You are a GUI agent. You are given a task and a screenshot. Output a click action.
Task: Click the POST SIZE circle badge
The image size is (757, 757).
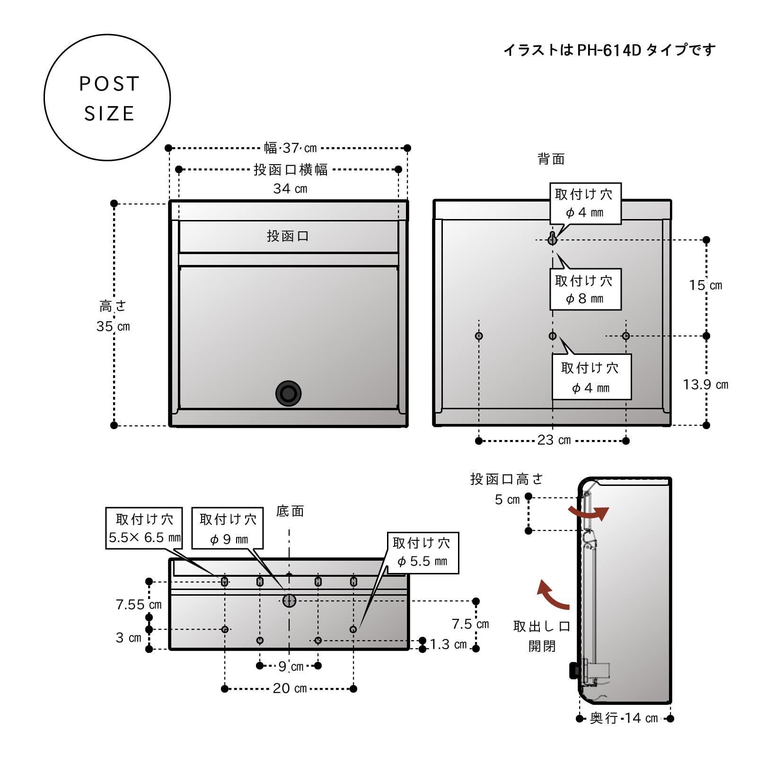pos(107,98)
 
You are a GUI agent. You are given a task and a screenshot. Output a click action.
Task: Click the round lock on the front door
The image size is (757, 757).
pos(288,393)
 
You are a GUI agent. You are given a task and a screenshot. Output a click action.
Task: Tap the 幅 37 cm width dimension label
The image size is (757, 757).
pos(290,148)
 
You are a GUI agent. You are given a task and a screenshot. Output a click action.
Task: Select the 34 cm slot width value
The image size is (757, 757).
pos(290,189)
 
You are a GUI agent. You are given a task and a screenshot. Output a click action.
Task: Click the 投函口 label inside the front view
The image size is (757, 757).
pos(288,236)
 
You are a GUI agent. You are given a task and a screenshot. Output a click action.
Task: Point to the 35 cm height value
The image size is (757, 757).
pos(113,326)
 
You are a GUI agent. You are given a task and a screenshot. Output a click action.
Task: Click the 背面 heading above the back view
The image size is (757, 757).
pos(551,159)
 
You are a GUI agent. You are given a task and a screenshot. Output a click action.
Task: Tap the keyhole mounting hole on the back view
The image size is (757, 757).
pos(552,239)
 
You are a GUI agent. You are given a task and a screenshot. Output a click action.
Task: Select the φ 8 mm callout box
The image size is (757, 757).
pos(585,289)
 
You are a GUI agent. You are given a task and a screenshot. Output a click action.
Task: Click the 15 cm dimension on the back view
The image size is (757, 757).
pos(705,285)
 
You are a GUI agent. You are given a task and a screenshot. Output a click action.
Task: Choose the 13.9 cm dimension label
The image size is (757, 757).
pos(705,384)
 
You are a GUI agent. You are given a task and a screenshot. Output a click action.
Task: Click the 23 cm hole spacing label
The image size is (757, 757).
pos(554,440)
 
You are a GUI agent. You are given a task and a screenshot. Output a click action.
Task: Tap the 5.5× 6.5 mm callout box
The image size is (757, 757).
pos(145,528)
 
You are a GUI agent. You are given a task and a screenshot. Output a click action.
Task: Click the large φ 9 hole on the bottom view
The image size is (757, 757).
pos(289,601)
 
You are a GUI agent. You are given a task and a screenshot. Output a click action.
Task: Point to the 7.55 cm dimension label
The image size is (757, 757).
pos(139,604)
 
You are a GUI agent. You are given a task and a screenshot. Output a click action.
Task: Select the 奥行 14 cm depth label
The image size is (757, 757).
pos(624,718)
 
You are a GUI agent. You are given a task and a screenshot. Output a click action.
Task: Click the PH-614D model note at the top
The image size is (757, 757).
pos(609,50)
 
